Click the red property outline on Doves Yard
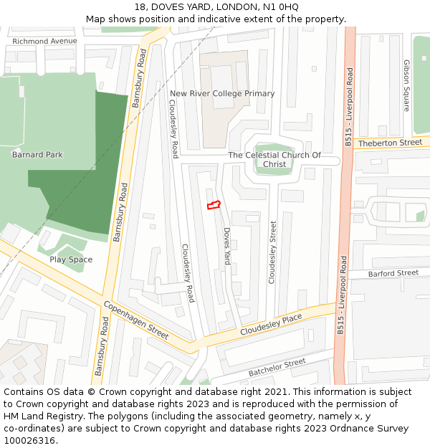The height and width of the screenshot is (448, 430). pyautogui.click(x=213, y=206)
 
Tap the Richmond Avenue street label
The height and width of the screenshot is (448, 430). pyautogui.click(x=44, y=41)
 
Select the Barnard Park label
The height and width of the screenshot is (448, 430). pyautogui.click(x=37, y=154)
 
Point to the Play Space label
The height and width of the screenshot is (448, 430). pyautogui.click(x=71, y=259)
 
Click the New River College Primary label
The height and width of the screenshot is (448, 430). pyautogui.click(x=222, y=93)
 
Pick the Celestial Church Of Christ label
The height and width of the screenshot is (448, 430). pyautogui.click(x=274, y=159)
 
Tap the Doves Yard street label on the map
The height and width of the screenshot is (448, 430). pyautogui.click(x=226, y=247)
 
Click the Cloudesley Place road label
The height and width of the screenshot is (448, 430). pyautogui.click(x=271, y=323)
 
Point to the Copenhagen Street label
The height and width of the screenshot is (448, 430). pyautogui.click(x=136, y=320)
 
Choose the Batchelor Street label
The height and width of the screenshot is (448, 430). pyautogui.click(x=277, y=368)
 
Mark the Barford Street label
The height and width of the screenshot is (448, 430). pyautogui.click(x=393, y=273)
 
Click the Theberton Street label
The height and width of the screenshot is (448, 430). pyautogui.click(x=391, y=143)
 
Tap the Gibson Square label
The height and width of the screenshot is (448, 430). pyautogui.click(x=406, y=85)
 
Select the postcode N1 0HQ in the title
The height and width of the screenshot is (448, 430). pyautogui.click(x=282, y=6)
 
